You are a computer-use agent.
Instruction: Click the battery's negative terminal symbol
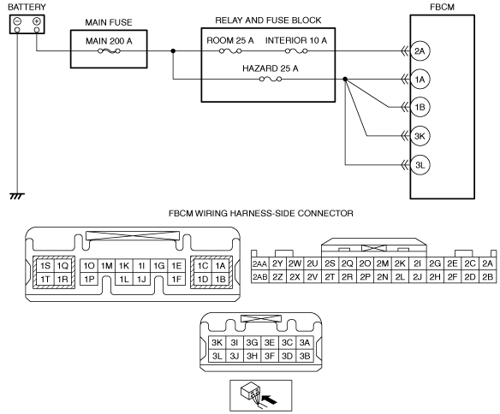click(17, 21)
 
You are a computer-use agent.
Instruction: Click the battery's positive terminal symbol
click(37, 21)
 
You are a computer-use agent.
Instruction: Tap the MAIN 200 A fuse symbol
click(109, 51)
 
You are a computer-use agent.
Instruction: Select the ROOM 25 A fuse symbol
click(230, 51)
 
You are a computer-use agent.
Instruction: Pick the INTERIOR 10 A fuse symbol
click(296, 51)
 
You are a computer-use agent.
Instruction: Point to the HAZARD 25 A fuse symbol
click(271, 79)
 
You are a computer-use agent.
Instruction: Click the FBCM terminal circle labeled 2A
click(420, 51)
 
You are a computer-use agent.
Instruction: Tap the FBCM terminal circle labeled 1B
click(420, 107)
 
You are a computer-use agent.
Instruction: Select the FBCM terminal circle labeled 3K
click(420, 136)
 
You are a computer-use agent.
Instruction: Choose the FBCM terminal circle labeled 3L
click(420, 165)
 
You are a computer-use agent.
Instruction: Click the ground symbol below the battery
click(17, 196)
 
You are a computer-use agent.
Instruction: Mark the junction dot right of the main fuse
click(173, 51)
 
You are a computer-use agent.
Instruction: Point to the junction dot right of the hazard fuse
click(345, 79)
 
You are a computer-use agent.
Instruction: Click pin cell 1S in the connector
click(45, 266)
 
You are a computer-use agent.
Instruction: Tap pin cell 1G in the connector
click(158, 266)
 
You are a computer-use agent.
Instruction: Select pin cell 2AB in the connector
click(260, 277)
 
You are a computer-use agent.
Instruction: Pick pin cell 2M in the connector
click(383, 263)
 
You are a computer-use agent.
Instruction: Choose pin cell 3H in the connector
click(252, 356)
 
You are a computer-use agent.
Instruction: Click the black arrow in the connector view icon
click(269, 399)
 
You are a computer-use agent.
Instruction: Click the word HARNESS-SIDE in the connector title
click(263, 213)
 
